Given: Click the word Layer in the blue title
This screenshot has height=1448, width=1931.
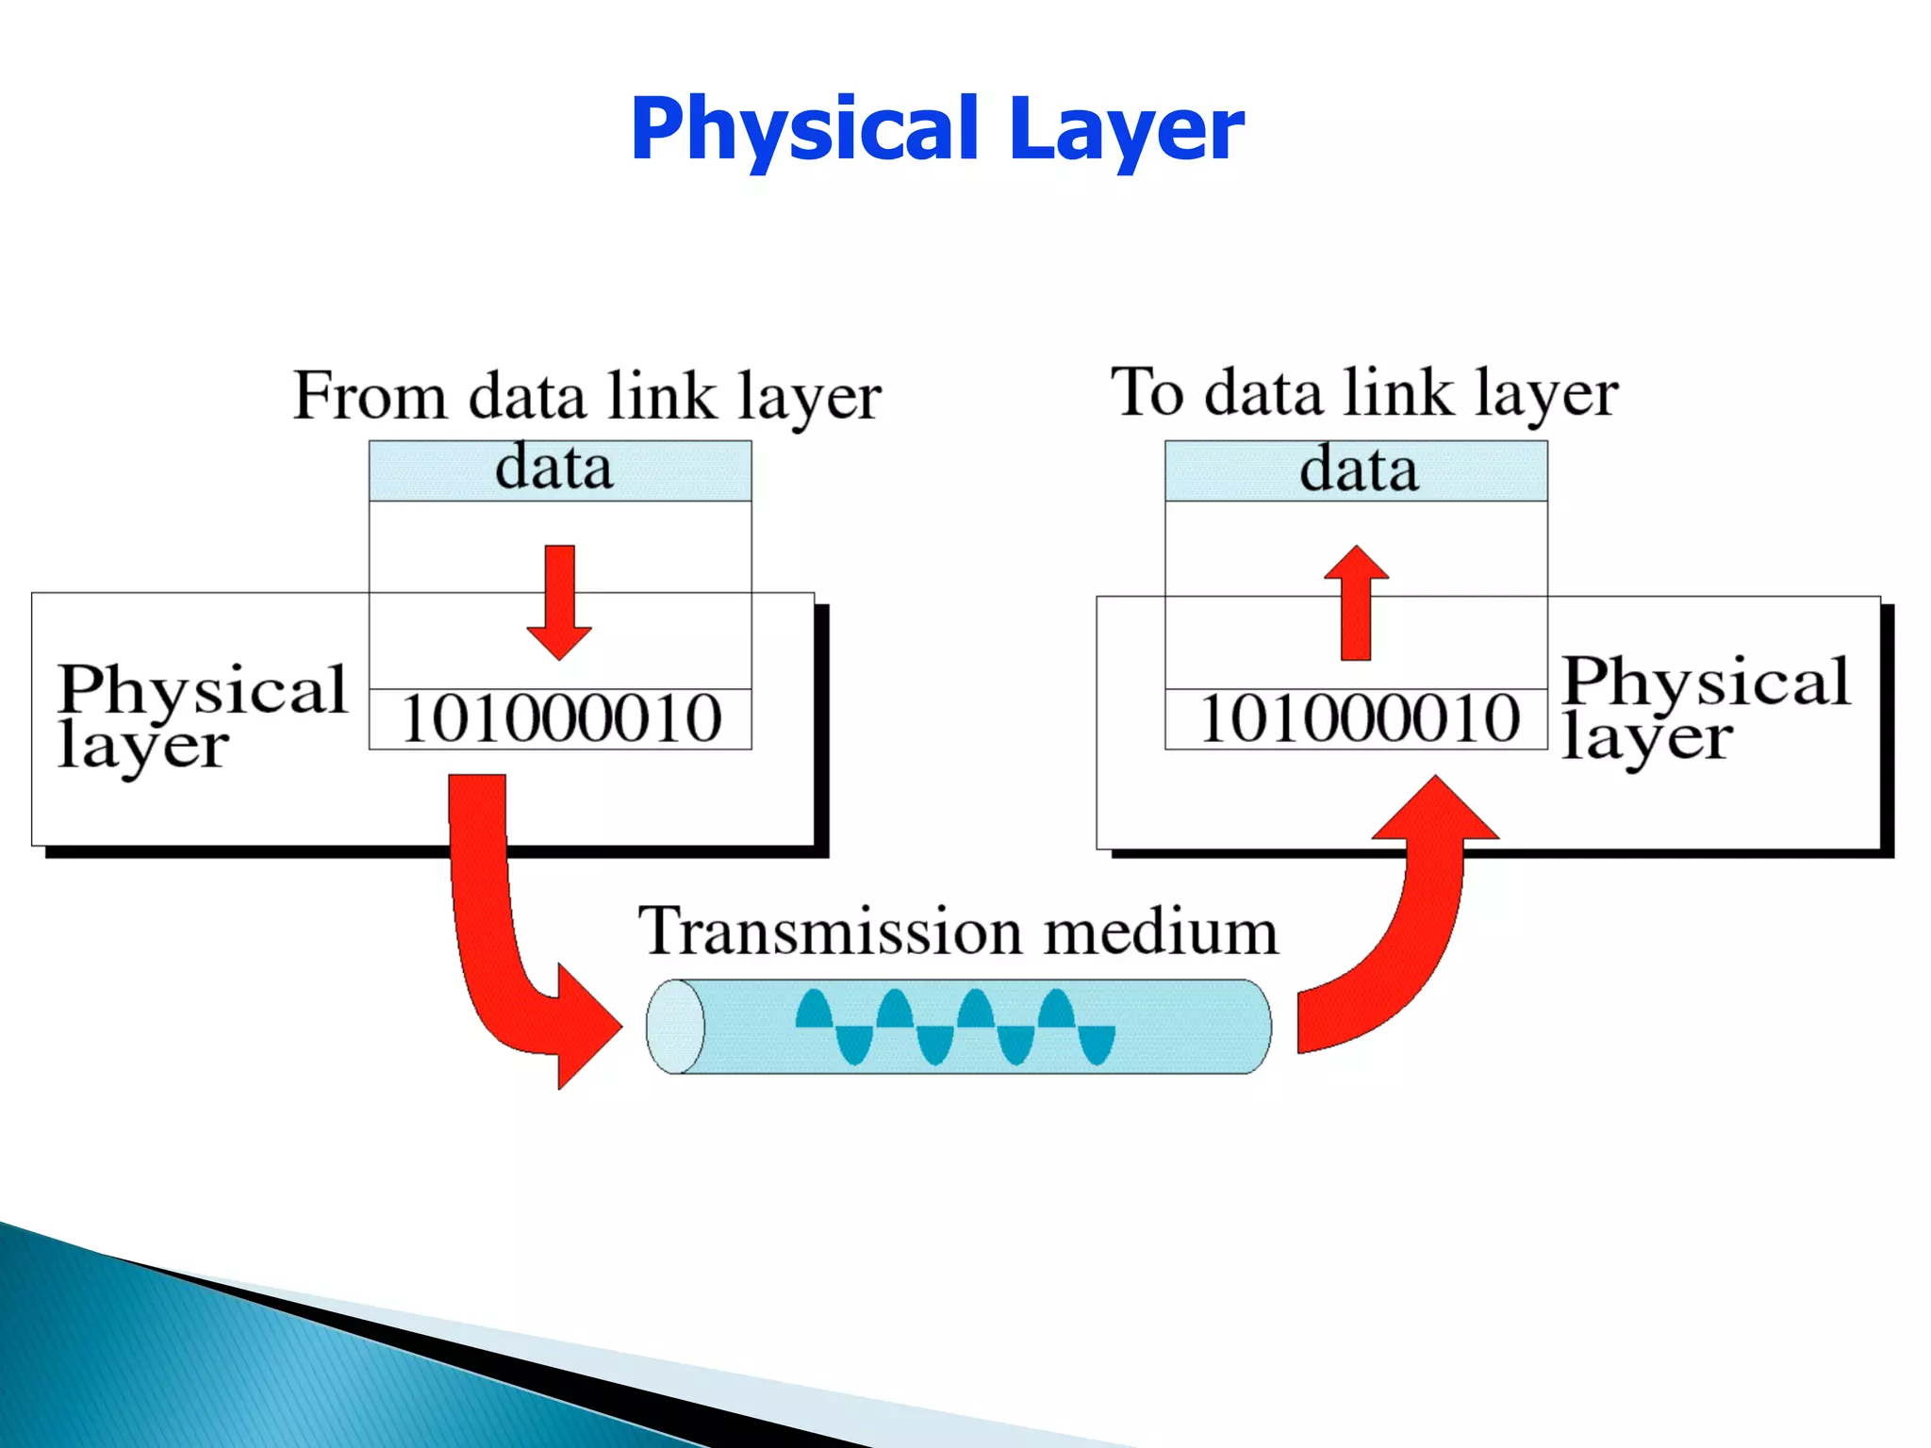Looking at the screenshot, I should pos(1126,129).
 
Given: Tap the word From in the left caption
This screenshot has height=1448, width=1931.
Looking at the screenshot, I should pos(370,396).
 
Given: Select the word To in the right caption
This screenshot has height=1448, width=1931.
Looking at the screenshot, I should pos(1147,392).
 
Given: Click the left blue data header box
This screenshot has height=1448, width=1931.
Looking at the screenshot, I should pos(559,469).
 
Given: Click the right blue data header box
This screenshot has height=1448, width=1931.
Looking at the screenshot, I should pos(1356,470).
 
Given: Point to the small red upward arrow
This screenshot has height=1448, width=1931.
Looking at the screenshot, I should pos(1356,603).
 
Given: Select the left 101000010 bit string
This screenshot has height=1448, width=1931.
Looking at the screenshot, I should pos(561,719).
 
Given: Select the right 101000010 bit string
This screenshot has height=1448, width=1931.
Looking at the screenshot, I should pos(1359,719).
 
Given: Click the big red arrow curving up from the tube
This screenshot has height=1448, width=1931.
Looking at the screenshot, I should pos(1405,933).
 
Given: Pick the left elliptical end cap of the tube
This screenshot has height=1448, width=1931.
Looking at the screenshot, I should pos(675,1027).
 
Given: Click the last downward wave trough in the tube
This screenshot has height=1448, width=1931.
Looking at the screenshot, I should pos(1097,1045).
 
